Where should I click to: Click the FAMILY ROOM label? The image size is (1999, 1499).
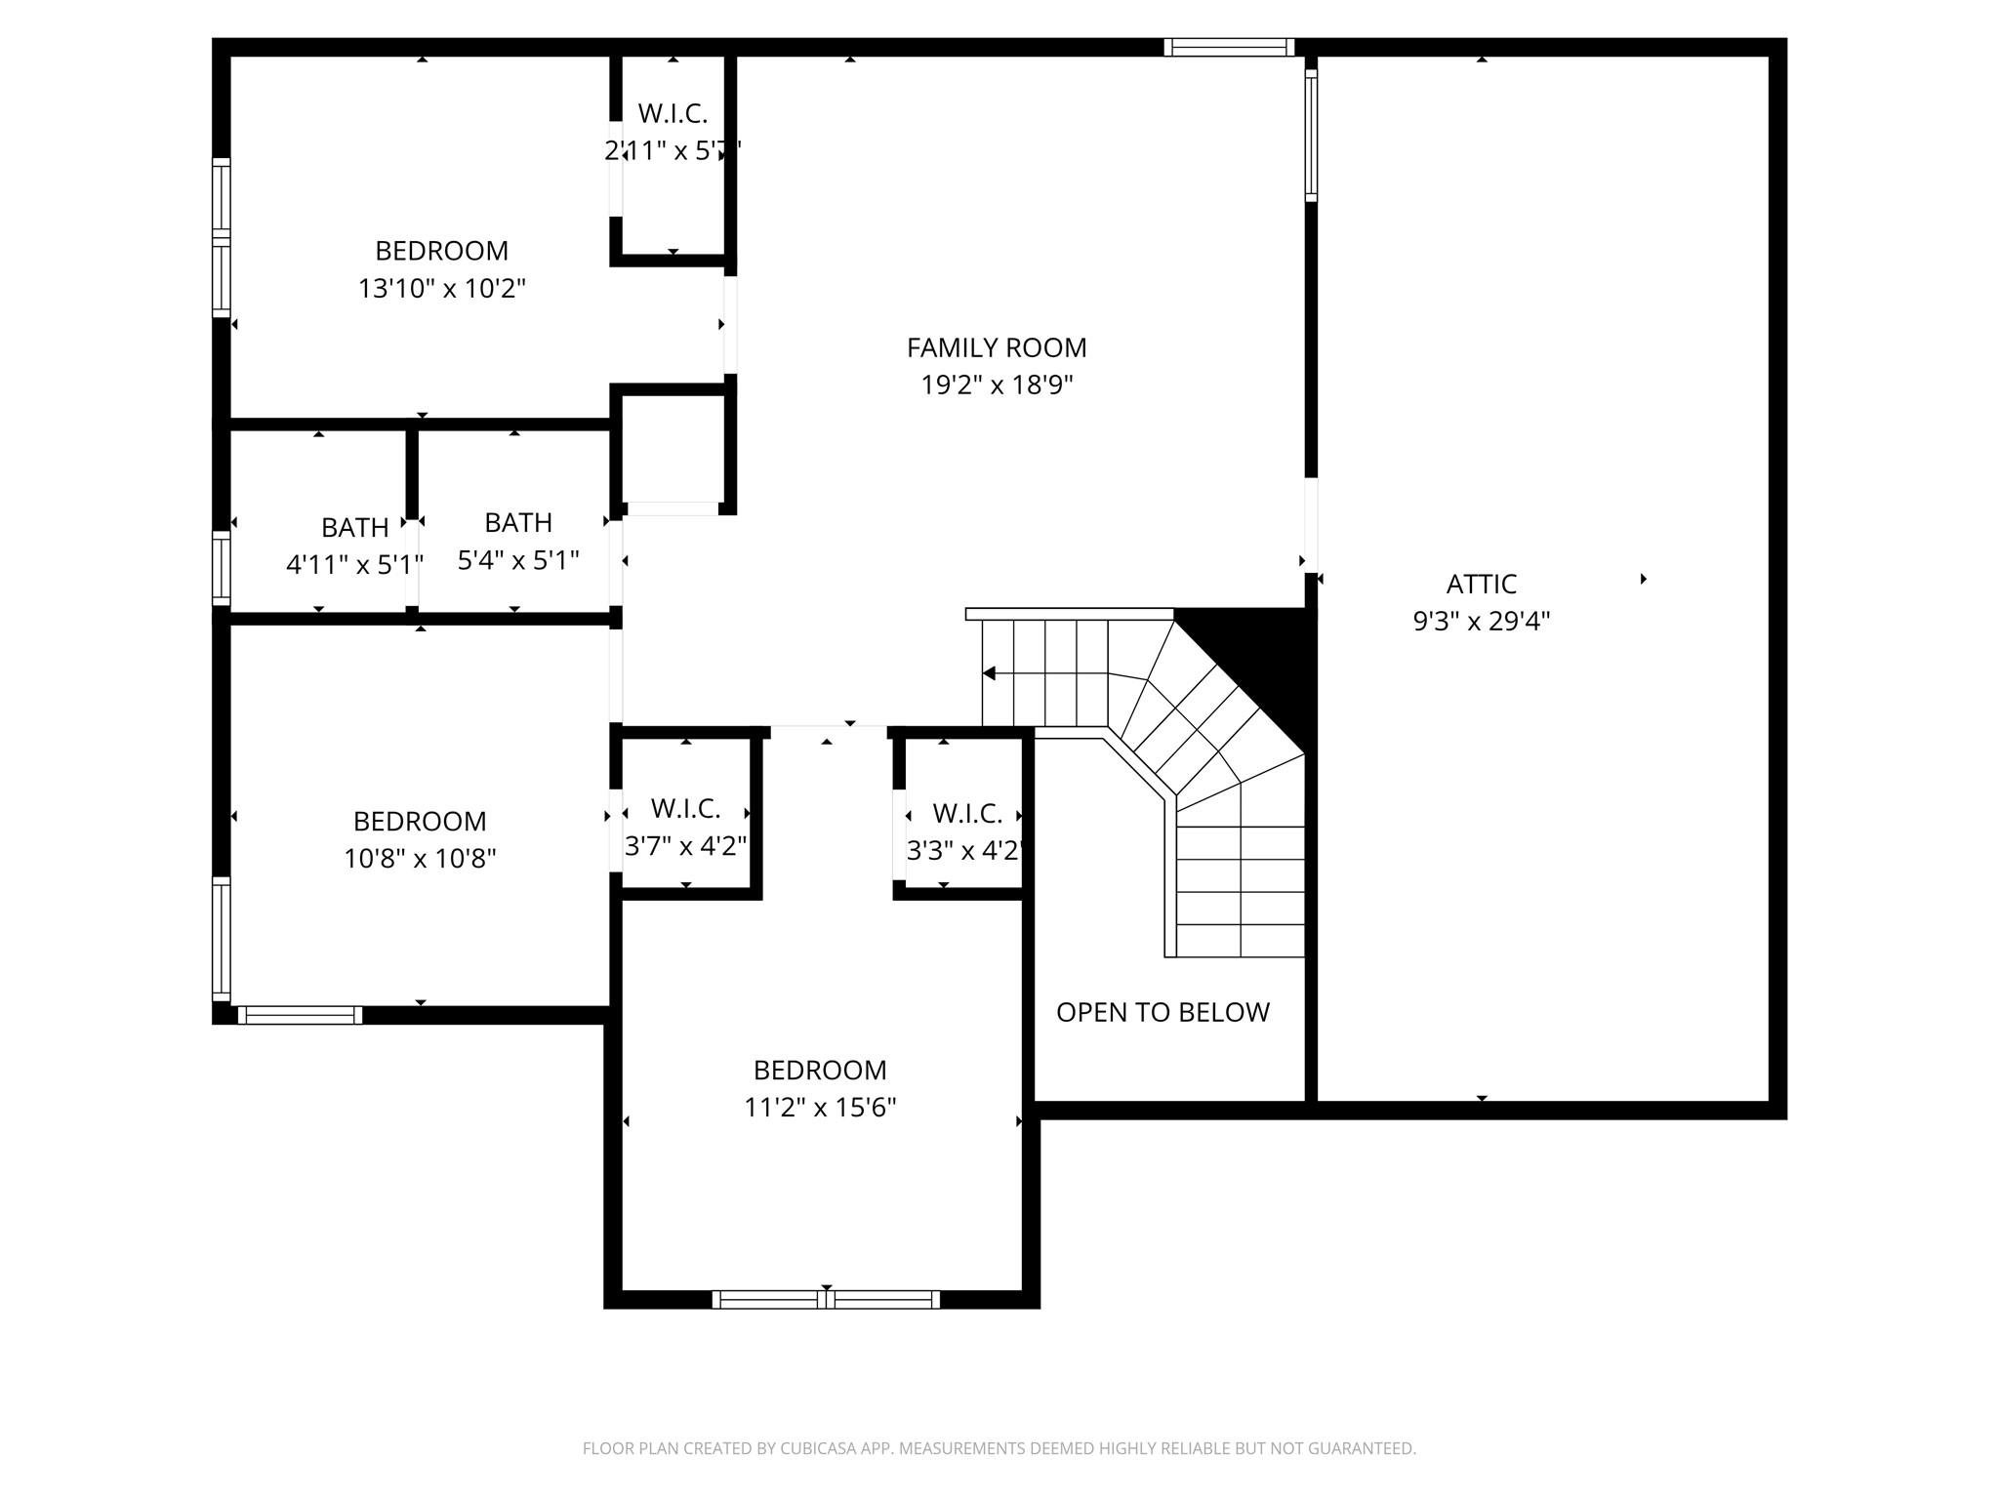pos(996,347)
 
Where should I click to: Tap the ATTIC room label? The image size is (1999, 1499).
pos(1481,584)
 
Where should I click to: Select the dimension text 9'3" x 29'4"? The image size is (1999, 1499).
pos(1481,622)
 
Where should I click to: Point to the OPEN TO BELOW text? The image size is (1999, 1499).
pos(1163,1012)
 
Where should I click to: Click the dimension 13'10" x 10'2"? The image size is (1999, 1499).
pos(441,289)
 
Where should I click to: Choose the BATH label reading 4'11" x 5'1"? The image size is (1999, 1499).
pos(354,528)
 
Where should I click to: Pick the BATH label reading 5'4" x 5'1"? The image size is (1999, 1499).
pos(518,523)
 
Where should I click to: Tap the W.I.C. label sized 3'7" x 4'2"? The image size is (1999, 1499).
pos(685,808)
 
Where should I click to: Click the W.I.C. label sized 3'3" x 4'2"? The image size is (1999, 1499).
pos(966,813)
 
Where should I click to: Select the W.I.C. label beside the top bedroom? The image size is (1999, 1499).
pos(673,114)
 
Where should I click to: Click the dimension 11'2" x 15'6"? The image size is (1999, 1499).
pos(820,1108)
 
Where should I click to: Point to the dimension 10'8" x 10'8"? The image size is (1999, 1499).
pos(420,859)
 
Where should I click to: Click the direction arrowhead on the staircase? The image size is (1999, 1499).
pos(989,673)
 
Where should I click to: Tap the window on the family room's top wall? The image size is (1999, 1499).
pos(1229,47)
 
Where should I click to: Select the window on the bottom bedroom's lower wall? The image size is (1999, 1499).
pos(826,1299)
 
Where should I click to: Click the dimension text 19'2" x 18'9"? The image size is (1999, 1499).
pos(996,385)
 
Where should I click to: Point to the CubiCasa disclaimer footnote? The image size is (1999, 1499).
pos(999,1448)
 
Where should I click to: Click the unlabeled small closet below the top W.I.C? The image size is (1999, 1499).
pos(673,449)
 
